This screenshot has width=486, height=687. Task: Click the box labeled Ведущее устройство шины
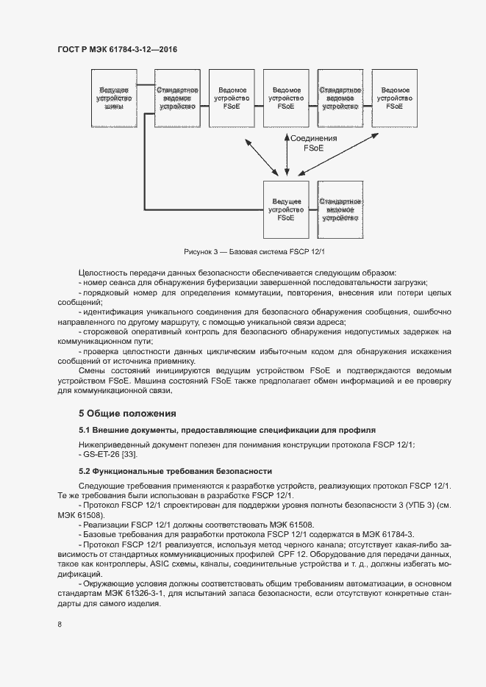114,98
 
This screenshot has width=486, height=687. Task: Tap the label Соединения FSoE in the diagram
313,143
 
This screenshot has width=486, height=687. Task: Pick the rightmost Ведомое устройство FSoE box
394,98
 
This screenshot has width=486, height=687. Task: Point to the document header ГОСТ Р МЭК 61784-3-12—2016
118,50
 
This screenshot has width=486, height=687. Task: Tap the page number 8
60,625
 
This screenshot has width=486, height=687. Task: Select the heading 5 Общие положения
128,413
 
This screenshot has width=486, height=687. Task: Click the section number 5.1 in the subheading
85,430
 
